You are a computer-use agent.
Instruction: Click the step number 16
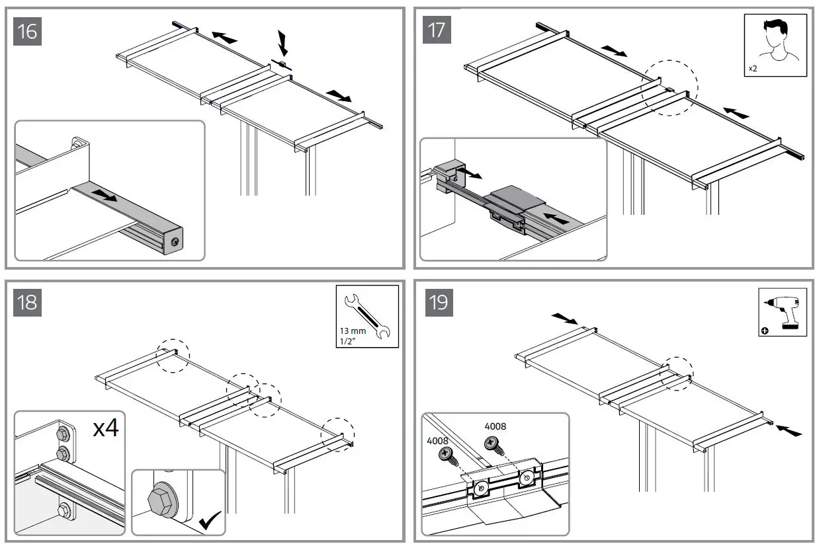tap(27, 31)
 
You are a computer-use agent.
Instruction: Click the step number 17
tap(437, 31)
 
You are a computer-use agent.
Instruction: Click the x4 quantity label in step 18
tap(106, 428)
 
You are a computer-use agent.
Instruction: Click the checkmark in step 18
tap(210, 522)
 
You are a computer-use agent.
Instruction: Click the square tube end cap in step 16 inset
tap(173, 241)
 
